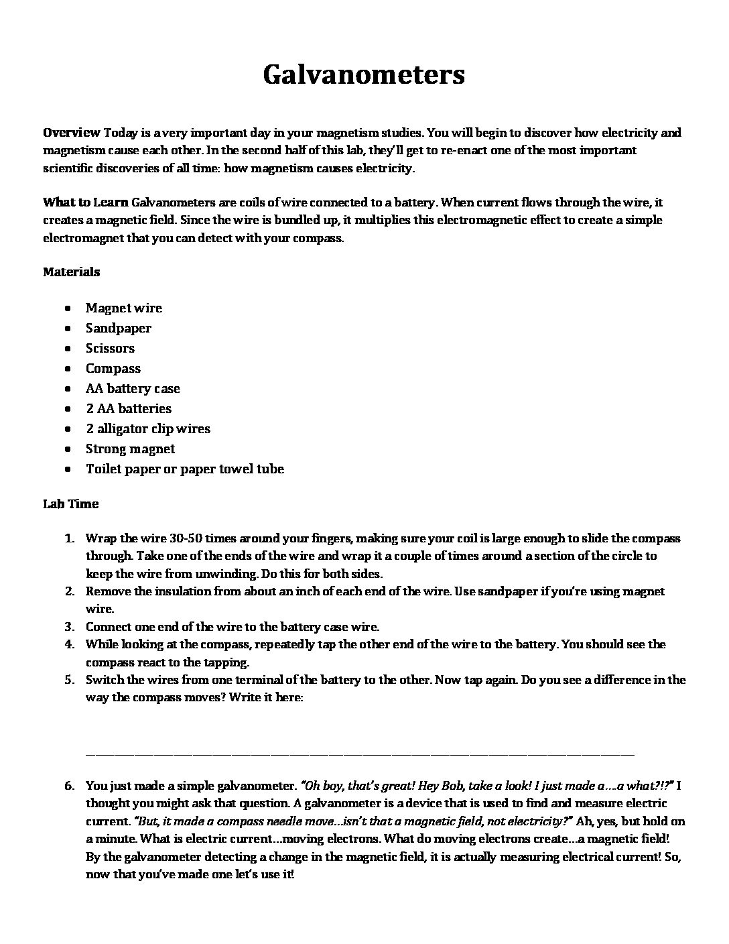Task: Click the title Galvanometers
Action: pyautogui.click(x=364, y=74)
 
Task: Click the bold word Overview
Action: pyautogui.click(x=72, y=132)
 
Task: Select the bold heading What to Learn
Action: pyautogui.click(x=86, y=202)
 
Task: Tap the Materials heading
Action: pyautogui.click(x=72, y=272)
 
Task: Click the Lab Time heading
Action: pyautogui.click(x=70, y=504)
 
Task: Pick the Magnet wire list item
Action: pyautogui.click(x=124, y=308)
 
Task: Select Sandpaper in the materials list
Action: pyautogui.click(x=119, y=328)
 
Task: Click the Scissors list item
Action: pyautogui.click(x=110, y=348)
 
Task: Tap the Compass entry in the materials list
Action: pyautogui.click(x=113, y=368)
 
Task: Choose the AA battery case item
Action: pyautogui.click(x=133, y=388)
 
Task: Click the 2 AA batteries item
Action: pyautogui.click(x=129, y=408)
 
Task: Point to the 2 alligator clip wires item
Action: pyautogui.click(x=148, y=428)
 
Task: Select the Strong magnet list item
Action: pyautogui.click(x=130, y=449)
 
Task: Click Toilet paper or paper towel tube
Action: pyautogui.click(x=185, y=469)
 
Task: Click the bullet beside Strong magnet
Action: pyautogui.click(x=69, y=449)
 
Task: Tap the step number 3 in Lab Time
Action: pyautogui.click(x=69, y=627)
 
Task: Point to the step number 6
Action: pyautogui.click(x=69, y=785)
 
